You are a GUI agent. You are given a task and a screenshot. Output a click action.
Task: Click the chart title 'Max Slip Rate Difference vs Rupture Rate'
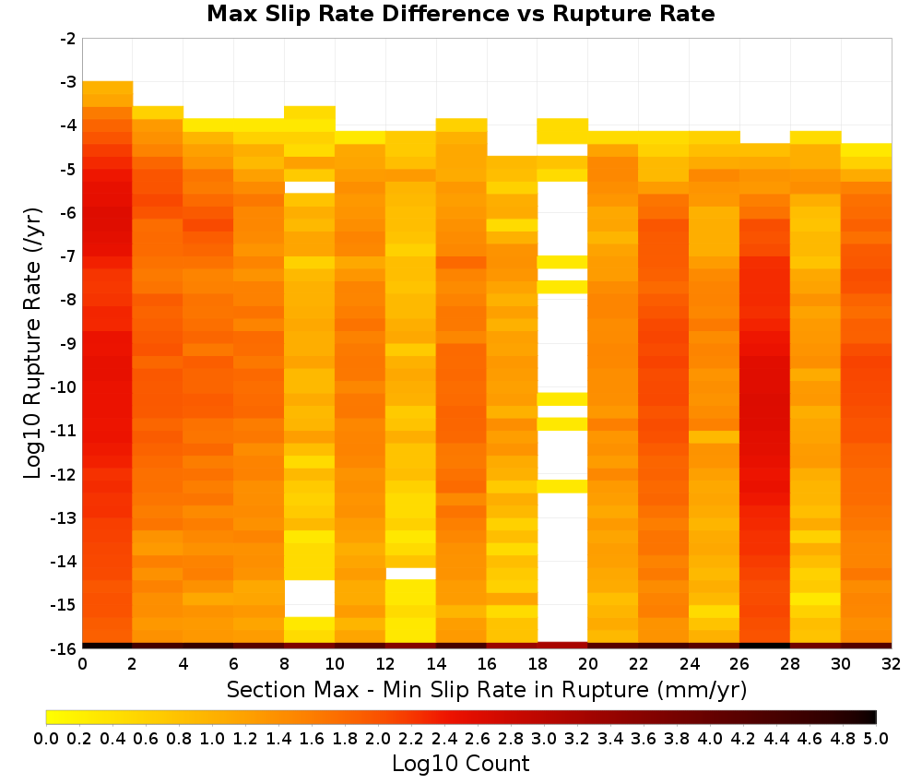click(460, 14)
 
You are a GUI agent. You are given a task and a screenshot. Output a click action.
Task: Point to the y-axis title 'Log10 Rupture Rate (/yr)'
click(33, 343)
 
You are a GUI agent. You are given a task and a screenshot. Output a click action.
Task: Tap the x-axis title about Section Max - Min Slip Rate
click(486, 690)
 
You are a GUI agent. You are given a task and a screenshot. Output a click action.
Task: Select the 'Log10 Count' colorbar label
click(460, 764)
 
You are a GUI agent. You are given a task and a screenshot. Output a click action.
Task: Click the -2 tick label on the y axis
click(68, 39)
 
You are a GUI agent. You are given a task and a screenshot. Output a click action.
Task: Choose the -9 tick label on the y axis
click(68, 343)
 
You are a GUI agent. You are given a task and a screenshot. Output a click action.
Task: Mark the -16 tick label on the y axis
click(65, 648)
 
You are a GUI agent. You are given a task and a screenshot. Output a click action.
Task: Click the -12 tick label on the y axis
click(65, 474)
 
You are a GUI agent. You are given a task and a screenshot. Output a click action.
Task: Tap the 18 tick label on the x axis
click(538, 665)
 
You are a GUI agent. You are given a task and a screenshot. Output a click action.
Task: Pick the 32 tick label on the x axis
click(892, 665)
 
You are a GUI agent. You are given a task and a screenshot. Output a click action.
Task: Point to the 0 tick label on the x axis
click(82, 665)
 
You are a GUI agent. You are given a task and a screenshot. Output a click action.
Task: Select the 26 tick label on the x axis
click(739, 665)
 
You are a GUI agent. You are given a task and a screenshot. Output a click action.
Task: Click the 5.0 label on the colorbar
click(876, 739)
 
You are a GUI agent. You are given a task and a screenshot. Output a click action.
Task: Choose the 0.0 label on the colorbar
click(46, 739)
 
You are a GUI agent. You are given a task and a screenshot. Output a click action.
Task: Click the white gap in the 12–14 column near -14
click(410, 574)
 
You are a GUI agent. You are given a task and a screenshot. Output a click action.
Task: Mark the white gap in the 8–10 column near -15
click(309, 598)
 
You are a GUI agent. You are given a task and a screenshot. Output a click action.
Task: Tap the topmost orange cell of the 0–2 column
click(107, 88)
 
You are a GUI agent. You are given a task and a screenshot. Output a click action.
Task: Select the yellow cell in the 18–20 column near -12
click(562, 486)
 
